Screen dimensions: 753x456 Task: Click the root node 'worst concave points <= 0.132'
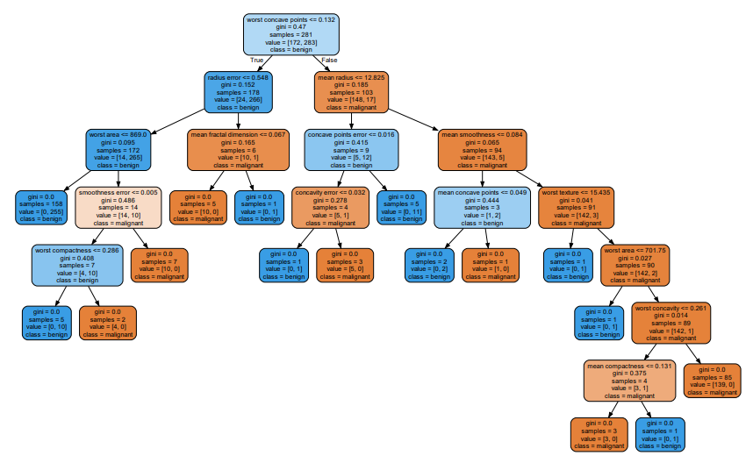291,34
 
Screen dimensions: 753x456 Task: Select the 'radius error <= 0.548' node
238,92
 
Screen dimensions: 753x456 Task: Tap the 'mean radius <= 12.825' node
351,92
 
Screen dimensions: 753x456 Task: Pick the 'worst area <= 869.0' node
118,150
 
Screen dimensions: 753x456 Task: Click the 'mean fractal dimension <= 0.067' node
238,150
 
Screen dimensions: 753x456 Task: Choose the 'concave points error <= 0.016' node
351,150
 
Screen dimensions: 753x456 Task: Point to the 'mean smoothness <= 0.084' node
482,150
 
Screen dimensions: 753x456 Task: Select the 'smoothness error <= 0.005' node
118,207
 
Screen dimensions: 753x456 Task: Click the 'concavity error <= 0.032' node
330,207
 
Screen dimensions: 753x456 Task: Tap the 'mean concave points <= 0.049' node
482,207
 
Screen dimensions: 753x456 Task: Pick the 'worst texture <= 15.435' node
577,207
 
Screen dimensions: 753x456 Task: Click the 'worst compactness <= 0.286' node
77,265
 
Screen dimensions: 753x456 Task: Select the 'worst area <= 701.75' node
635,265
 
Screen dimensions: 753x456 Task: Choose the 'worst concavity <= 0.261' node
671,323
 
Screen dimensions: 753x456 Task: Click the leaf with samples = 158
41,207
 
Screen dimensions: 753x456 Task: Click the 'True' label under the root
257,60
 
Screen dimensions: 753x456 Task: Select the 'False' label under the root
329,60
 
